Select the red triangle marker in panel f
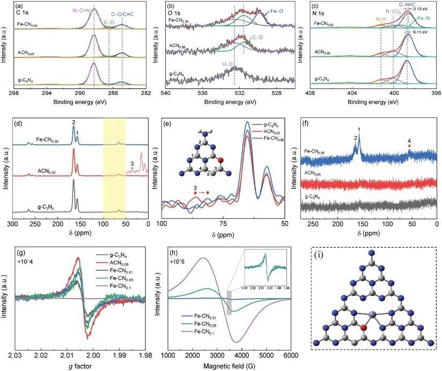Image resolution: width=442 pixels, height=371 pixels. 409,146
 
